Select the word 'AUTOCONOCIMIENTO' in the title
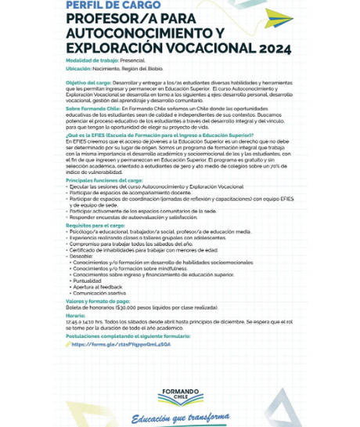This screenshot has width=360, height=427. click(131, 33)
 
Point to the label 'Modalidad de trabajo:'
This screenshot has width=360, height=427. click(93, 60)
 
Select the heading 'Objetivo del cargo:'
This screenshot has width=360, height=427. click(88, 82)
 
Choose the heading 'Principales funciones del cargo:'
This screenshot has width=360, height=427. click(104, 180)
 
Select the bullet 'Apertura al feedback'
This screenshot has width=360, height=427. click(98, 287)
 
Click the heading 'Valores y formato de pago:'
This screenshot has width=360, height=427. click(98, 301)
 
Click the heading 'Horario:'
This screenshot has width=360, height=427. click(76, 315)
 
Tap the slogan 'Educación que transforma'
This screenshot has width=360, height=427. click(180, 417)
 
